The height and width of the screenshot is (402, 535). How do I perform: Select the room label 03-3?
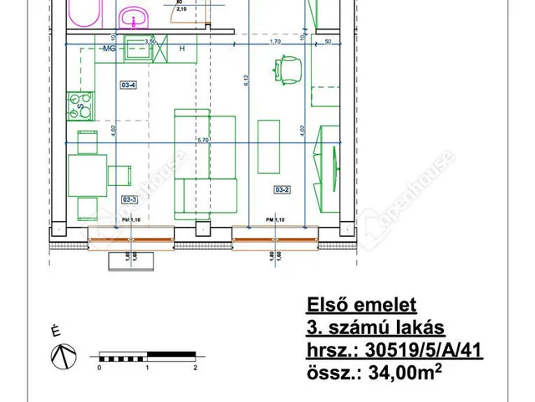click(129, 200)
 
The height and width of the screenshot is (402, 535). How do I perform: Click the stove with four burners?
click(83, 105)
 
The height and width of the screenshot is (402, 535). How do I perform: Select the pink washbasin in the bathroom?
click(132, 16)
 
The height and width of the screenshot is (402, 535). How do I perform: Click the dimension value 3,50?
click(150, 40)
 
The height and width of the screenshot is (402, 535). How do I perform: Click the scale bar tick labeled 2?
click(195, 367)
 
